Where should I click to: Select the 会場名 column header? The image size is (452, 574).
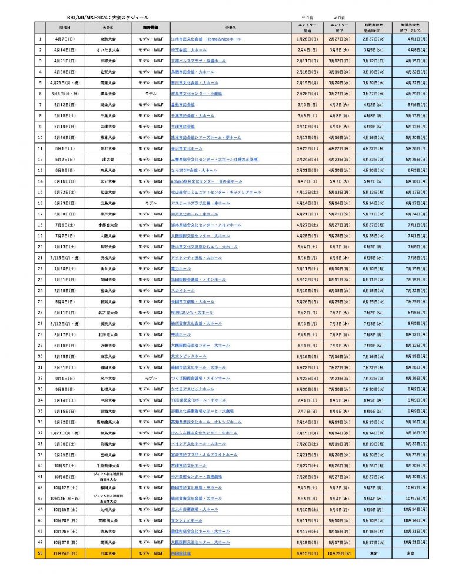point(230,27)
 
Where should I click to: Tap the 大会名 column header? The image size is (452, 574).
point(108,27)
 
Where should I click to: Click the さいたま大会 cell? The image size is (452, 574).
point(108,51)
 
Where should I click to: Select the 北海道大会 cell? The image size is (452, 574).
point(108,334)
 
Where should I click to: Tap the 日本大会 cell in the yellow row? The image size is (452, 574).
point(108,553)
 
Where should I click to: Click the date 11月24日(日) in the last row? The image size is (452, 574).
point(65,553)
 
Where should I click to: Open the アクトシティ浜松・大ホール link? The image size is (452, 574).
point(196,258)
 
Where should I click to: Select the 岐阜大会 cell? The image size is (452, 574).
point(108,94)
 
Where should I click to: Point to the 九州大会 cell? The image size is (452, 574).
point(108,509)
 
